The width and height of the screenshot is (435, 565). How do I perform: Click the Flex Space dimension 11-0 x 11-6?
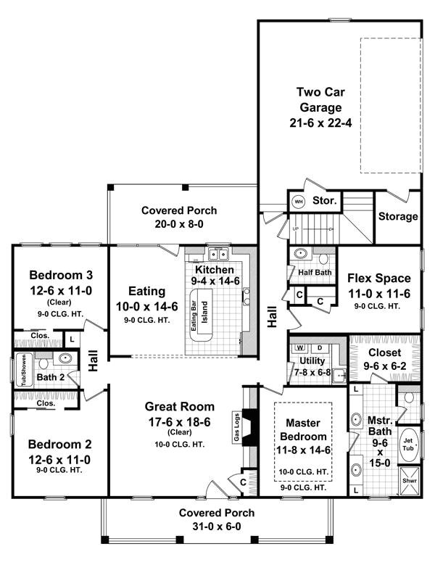[x=378, y=294]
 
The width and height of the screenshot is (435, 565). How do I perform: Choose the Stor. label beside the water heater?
[x=324, y=202]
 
